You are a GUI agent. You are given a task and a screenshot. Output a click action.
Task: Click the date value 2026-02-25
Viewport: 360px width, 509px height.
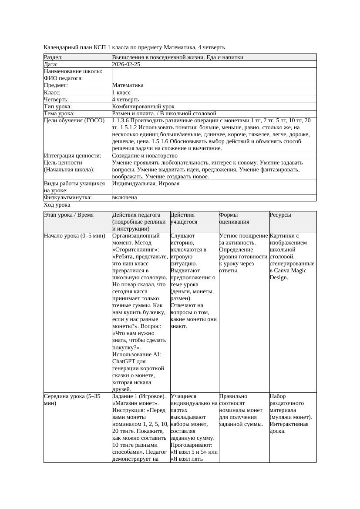(x=126, y=64)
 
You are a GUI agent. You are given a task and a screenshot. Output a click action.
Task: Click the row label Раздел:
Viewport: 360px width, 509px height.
(x=54, y=57)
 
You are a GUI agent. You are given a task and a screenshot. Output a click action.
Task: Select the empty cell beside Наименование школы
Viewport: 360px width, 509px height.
(x=213, y=71)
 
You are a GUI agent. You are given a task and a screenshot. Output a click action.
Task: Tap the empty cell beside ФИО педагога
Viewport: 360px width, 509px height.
(x=213, y=78)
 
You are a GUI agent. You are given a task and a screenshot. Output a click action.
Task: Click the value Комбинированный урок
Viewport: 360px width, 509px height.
(x=143, y=107)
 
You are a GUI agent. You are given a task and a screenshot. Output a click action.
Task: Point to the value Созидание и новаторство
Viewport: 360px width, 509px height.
(x=145, y=155)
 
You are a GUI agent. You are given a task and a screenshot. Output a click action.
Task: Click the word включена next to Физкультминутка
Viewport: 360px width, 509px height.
(x=124, y=198)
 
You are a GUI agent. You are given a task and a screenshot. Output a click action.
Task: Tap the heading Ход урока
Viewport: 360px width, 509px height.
(x=57, y=205)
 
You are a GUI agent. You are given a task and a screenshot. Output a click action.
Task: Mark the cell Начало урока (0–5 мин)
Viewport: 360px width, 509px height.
(x=74, y=236)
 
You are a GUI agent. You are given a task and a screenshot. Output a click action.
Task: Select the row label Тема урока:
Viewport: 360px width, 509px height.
(x=59, y=114)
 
